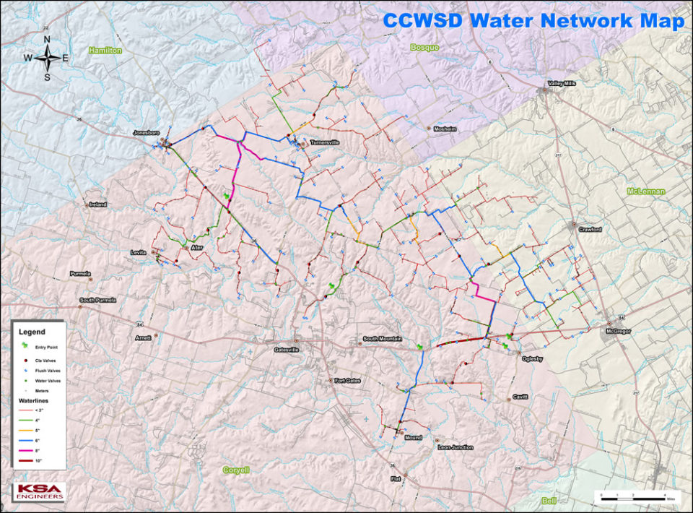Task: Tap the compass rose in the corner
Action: (x=47, y=58)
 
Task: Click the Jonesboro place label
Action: (x=145, y=133)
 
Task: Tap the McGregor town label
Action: (x=618, y=332)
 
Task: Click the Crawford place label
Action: (x=590, y=229)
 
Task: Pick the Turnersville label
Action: (x=325, y=142)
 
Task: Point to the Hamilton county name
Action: (x=105, y=51)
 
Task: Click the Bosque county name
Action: (x=424, y=46)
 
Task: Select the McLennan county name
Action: (x=645, y=191)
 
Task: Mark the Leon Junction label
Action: (x=456, y=447)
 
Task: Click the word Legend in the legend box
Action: (x=32, y=332)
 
